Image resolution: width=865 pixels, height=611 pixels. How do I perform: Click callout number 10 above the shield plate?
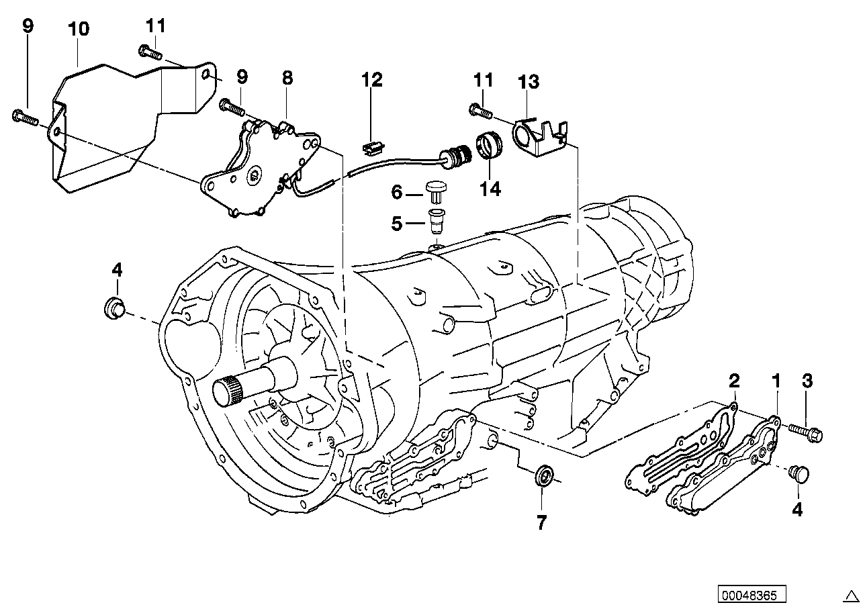click(79, 29)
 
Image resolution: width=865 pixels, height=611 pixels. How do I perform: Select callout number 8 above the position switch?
click(287, 78)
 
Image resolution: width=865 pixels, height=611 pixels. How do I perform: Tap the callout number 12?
click(371, 81)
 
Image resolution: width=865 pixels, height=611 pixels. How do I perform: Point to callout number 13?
click(529, 83)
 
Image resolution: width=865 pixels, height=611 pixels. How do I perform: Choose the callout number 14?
click(490, 189)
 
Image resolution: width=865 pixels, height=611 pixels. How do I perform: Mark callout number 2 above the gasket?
click(734, 381)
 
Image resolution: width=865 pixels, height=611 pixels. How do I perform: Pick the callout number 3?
click(807, 381)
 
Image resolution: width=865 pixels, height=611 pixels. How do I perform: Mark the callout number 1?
click(776, 381)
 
